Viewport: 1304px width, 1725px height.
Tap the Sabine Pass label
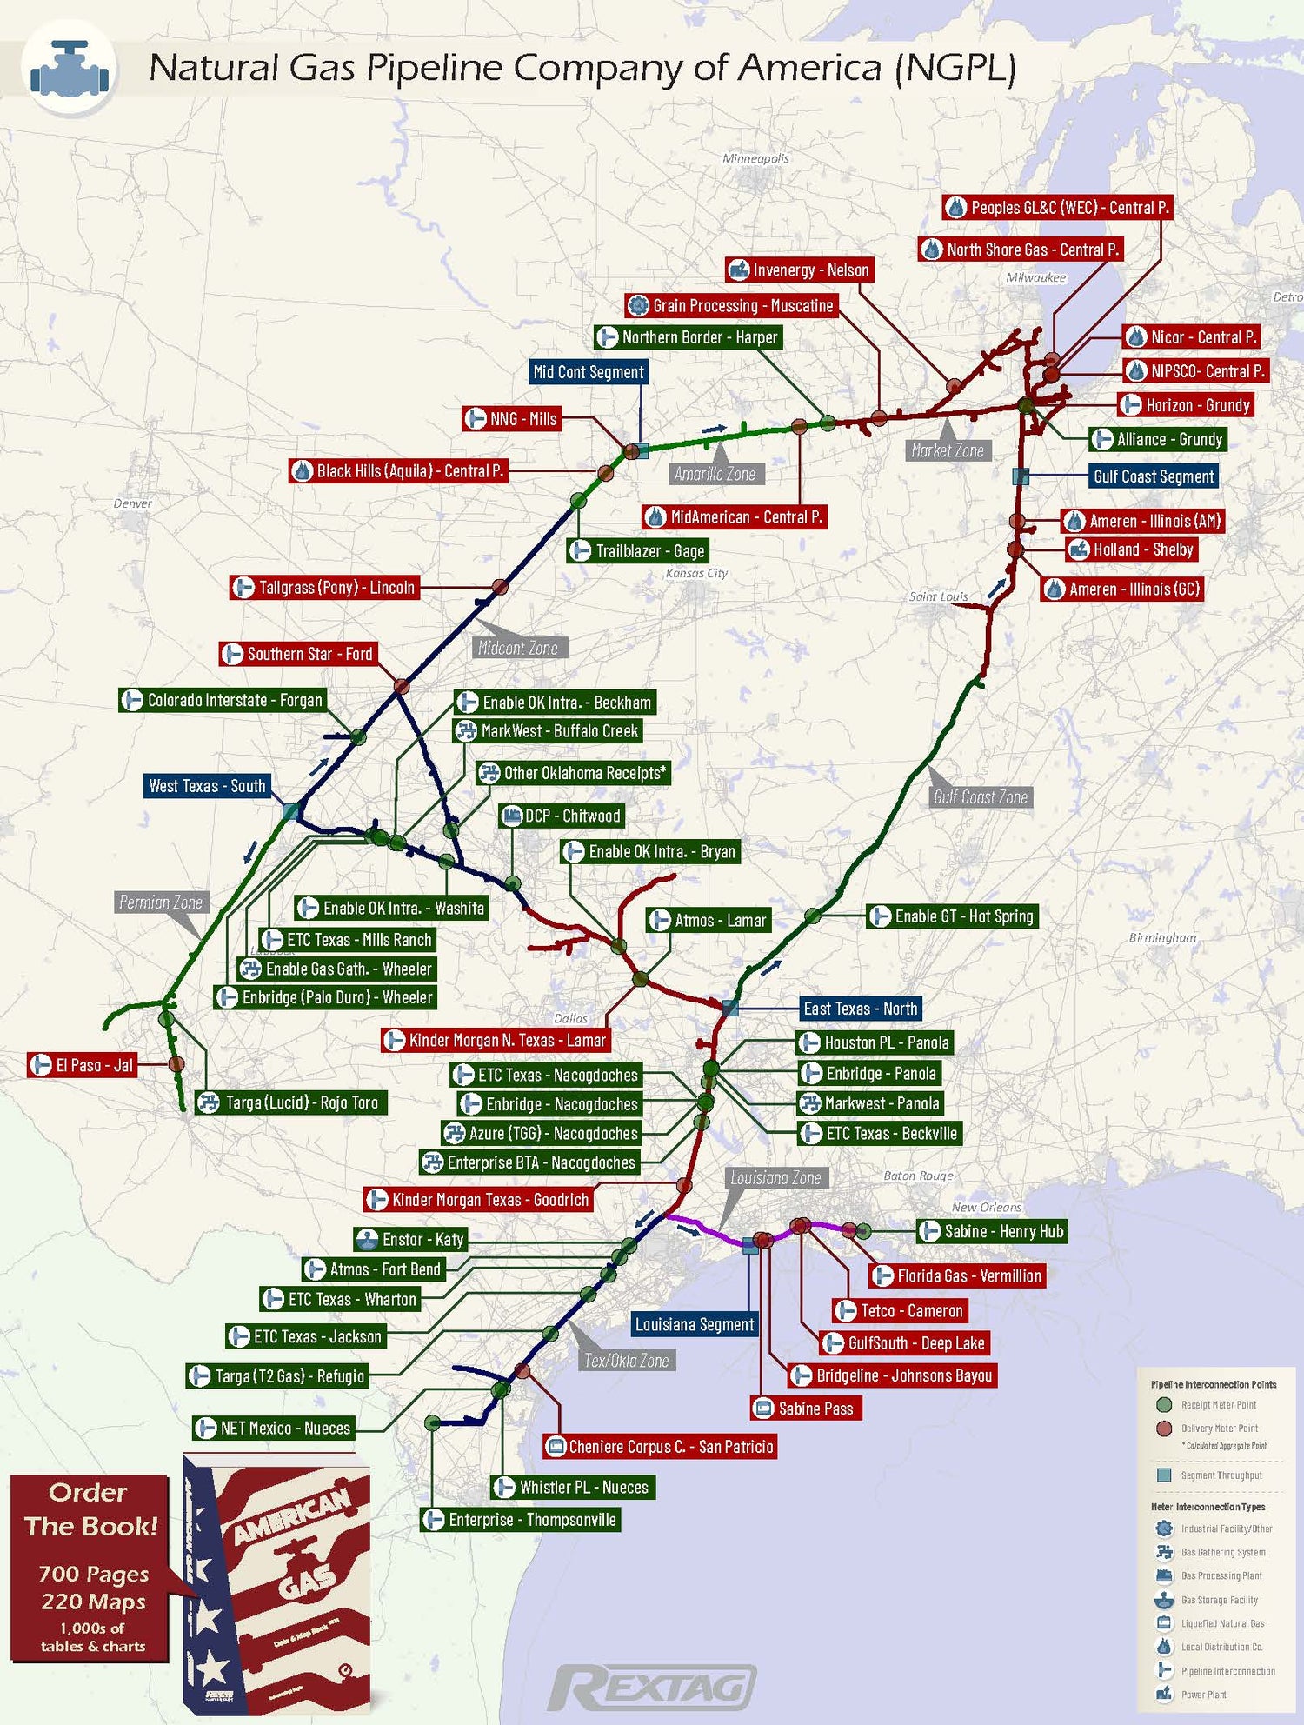(x=806, y=1409)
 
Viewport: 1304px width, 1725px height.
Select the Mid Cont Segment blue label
(x=589, y=372)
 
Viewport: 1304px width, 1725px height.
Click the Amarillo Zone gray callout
(x=715, y=474)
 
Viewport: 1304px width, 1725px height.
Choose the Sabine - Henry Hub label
(x=993, y=1231)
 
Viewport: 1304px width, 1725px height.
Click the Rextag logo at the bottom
(x=652, y=1688)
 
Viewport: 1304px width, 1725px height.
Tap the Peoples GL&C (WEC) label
(x=1058, y=208)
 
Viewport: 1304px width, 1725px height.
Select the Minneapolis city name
(x=755, y=158)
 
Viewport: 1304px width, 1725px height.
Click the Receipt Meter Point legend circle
(x=1164, y=1405)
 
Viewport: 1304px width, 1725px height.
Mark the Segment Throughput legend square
(x=1164, y=1475)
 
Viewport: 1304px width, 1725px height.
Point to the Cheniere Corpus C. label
(x=660, y=1447)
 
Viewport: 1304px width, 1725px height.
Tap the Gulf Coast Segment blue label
(x=1153, y=476)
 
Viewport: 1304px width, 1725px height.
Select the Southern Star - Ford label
(x=299, y=654)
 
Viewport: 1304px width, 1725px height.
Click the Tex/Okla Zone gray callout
(x=626, y=1361)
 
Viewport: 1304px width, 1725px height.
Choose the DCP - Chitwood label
(x=562, y=816)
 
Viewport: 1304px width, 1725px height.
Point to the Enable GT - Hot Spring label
(x=953, y=916)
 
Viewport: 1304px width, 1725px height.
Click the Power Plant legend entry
(x=1203, y=1695)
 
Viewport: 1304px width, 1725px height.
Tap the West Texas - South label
(x=207, y=786)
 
